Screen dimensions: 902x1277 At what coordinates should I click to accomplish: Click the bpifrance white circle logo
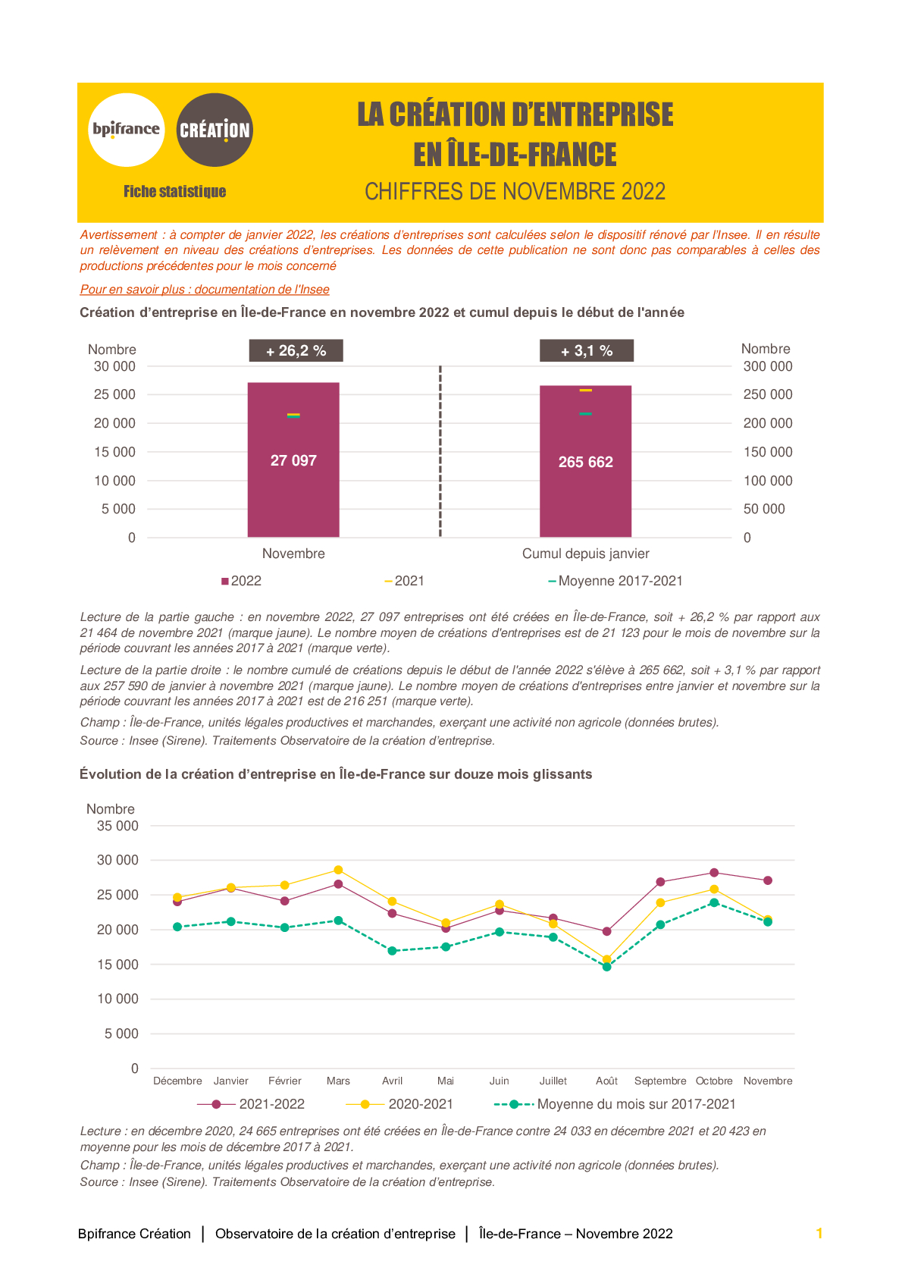[x=126, y=130]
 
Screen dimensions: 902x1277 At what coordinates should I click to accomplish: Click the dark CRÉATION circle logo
[x=215, y=130]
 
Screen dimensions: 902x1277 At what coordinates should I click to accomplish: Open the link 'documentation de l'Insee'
[x=262, y=290]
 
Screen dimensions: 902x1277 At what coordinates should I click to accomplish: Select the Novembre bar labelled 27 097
[x=293, y=460]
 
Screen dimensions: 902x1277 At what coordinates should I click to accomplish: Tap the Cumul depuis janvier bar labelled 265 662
[x=585, y=461]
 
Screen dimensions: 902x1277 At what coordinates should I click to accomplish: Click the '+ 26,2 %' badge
[x=296, y=350]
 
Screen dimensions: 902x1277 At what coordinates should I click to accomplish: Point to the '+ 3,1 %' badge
[x=587, y=350]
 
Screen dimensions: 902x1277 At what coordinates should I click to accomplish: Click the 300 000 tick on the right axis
[x=767, y=366]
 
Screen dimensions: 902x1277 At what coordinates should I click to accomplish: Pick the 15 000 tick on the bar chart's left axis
[x=114, y=452]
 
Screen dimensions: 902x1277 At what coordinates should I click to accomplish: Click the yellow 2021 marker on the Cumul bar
[x=585, y=390]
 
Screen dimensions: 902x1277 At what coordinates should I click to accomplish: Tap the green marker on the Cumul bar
[x=585, y=414]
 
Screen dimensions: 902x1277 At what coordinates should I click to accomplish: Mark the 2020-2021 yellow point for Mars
[x=338, y=870]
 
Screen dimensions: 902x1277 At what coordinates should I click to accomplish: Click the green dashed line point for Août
[x=606, y=967]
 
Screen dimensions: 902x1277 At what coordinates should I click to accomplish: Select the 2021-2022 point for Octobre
[x=714, y=873]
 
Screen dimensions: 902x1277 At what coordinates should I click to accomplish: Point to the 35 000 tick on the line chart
[x=117, y=826]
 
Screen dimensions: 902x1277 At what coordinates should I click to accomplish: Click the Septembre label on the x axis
[x=660, y=1081]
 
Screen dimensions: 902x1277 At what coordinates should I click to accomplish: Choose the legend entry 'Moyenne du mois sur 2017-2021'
[x=615, y=1104]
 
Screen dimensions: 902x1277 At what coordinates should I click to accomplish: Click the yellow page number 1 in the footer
[x=819, y=1234]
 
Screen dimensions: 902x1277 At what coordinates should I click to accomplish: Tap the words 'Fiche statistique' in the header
[x=174, y=192]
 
